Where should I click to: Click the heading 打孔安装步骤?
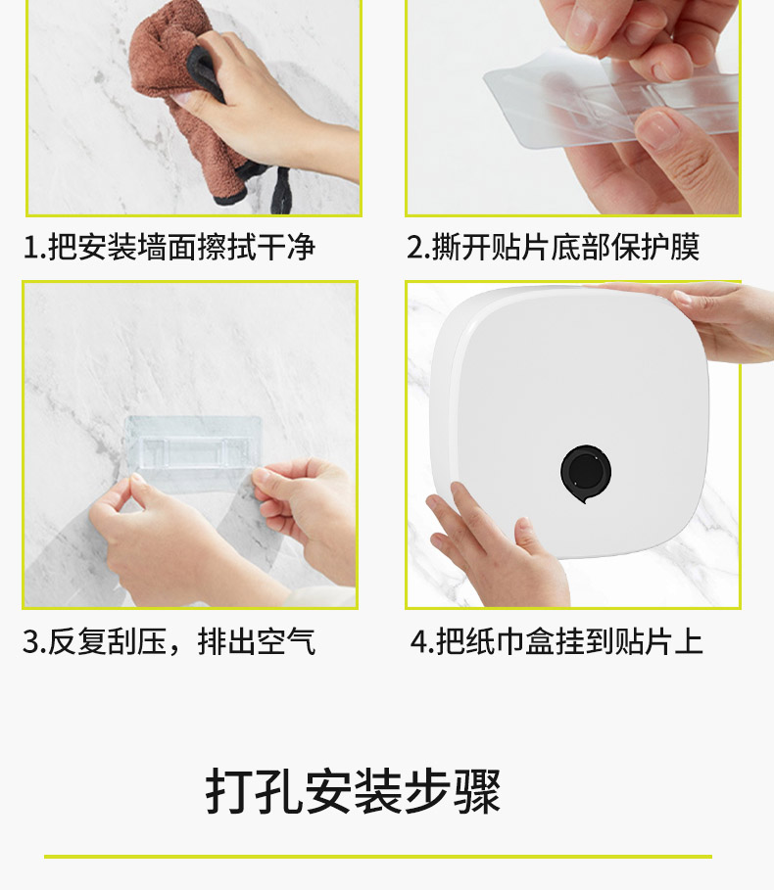pyautogui.click(x=353, y=791)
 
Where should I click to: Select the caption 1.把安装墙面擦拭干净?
pyautogui.click(x=169, y=247)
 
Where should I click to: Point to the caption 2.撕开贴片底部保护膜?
pyautogui.click(x=554, y=247)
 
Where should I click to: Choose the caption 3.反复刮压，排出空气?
pyautogui.click(x=169, y=641)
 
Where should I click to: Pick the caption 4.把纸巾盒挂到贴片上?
pyautogui.click(x=556, y=641)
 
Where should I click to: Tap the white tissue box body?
pyautogui.click(x=569, y=421)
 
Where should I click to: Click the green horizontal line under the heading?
pyautogui.click(x=378, y=857)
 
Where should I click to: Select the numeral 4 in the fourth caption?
pyautogui.click(x=419, y=642)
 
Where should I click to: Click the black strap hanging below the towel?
pyautogui.click(x=281, y=190)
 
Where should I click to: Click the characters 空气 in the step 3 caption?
pyautogui.click(x=286, y=641)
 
